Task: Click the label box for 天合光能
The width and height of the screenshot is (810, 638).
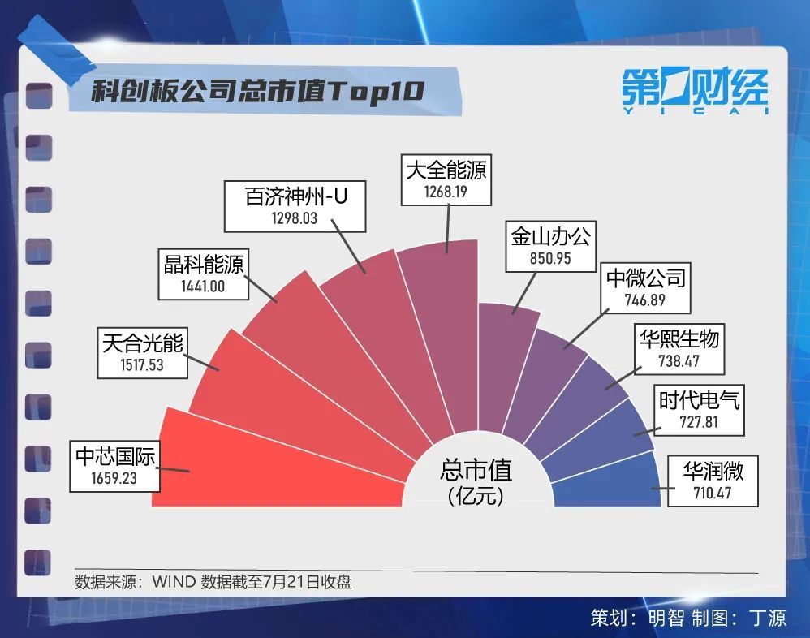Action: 143,352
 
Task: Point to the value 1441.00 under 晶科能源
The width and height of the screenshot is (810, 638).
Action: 203,286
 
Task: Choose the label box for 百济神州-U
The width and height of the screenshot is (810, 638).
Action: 295,205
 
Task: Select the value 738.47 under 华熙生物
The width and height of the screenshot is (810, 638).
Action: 678,361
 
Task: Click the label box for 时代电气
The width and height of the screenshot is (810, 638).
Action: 699,410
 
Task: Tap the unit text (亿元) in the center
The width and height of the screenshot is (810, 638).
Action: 476,495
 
